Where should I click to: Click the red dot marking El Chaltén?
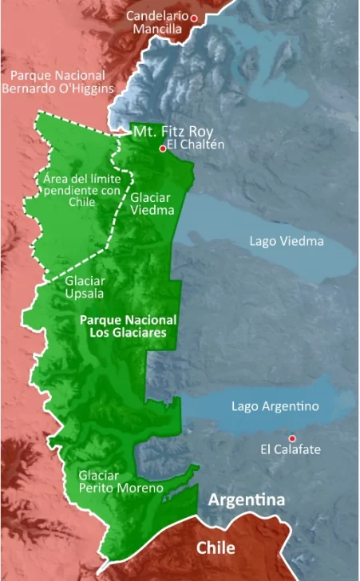(x=162, y=148)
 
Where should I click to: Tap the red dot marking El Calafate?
(x=292, y=437)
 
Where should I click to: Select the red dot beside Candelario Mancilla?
(x=193, y=17)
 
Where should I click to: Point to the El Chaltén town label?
(x=196, y=144)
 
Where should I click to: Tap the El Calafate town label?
(x=290, y=450)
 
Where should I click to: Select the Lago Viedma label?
(x=287, y=241)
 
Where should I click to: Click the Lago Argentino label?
(x=275, y=406)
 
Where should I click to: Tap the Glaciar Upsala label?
(x=85, y=287)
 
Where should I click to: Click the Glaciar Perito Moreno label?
(x=121, y=481)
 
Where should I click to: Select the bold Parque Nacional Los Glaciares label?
(x=128, y=326)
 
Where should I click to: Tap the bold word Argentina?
(x=247, y=500)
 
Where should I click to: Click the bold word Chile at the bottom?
(x=216, y=548)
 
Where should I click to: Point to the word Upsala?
(x=85, y=294)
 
